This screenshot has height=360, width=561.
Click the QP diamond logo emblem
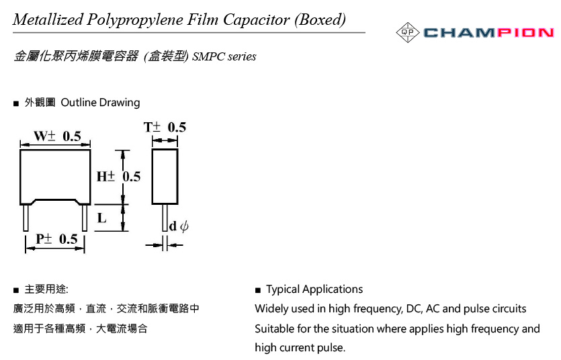tap(408, 32)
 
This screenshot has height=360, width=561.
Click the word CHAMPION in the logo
tap(489, 33)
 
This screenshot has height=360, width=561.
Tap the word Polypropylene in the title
tap(135, 20)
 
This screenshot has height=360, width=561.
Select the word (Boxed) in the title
tap(320, 19)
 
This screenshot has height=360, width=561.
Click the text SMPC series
tap(224, 56)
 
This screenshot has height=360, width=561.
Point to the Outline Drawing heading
tap(100, 103)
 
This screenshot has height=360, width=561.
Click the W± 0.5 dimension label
tap(57, 136)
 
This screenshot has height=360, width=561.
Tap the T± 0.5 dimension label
tap(165, 127)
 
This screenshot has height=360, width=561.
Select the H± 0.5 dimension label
tap(118, 176)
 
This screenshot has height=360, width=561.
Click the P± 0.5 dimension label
tap(56, 239)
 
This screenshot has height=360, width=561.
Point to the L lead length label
tap(102, 218)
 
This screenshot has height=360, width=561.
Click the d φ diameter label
tap(179, 226)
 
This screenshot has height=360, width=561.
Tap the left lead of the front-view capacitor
tap(26, 218)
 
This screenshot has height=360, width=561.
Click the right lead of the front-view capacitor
tap(85, 218)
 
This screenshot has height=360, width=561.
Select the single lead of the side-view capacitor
tap(165, 218)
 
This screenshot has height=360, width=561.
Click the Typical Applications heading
tap(314, 289)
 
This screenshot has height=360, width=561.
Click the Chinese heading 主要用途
tap(46, 289)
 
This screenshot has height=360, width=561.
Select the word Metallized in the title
tap(48, 19)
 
